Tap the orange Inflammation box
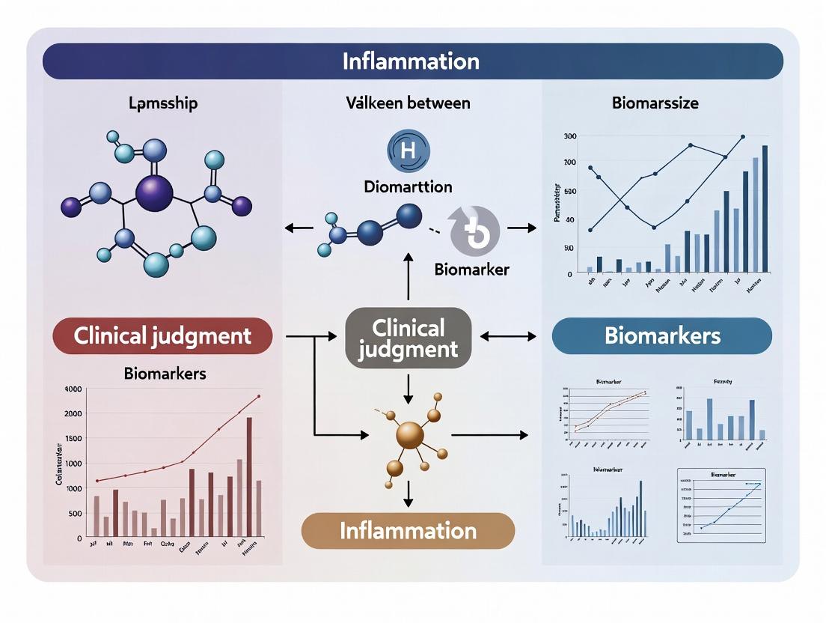pos(408,531)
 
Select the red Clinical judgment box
pos(162,335)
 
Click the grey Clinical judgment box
pos(408,338)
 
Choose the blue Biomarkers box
pos(661,335)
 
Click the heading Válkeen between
pos(408,103)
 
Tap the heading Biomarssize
pos(655,103)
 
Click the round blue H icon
pos(408,150)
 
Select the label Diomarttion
pos(408,187)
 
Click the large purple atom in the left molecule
pos(154,192)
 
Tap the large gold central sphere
pos(409,435)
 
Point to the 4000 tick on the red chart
pos(73,389)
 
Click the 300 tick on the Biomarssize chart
pos(569,136)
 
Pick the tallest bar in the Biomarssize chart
pos(765,208)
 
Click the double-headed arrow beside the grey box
pos(508,336)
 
